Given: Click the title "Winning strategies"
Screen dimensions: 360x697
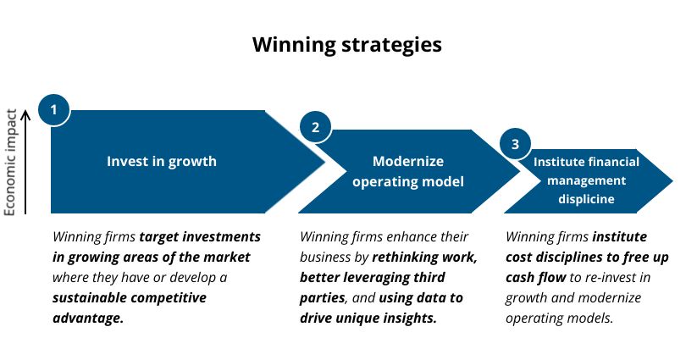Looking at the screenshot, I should [x=347, y=45].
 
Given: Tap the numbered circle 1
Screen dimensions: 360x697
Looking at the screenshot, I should [x=53, y=110].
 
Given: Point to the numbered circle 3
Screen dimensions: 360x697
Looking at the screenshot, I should [x=515, y=144].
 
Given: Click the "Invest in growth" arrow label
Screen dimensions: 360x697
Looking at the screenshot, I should [x=161, y=161].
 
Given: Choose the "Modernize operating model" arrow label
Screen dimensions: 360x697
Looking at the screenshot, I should [x=408, y=171].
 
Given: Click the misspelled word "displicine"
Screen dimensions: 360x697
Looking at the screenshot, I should [x=586, y=199].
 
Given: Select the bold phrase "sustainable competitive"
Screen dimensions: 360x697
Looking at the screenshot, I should [x=129, y=297].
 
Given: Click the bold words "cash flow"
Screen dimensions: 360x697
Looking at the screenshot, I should [x=536, y=277].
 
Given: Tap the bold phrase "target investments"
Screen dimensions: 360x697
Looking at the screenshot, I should [x=200, y=236].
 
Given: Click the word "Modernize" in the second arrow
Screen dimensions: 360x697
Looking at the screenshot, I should [x=408, y=161].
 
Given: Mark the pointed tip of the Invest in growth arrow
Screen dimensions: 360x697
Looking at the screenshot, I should [x=324, y=161].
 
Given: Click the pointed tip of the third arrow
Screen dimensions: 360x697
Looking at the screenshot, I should [x=672, y=180].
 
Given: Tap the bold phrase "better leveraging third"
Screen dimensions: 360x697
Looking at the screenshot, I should [x=373, y=277].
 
